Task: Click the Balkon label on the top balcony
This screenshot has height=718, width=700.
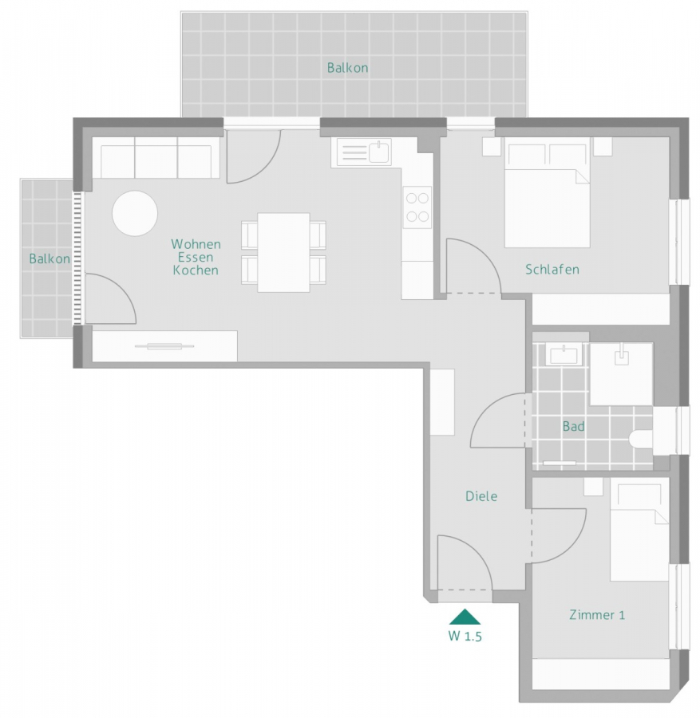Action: (347, 68)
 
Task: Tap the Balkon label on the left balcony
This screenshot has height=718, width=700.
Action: (49, 258)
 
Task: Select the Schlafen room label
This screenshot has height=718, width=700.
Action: (552, 269)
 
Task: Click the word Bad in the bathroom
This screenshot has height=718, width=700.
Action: (573, 427)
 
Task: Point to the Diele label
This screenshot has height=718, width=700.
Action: (481, 496)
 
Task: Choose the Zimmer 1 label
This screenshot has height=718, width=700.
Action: (596, 614)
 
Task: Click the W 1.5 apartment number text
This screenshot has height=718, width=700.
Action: (465, 637)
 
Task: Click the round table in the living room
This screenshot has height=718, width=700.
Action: (135, 213)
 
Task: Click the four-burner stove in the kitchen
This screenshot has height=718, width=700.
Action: (417, 206)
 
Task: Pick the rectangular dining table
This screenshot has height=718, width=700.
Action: (283, 252)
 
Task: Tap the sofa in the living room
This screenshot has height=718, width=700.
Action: (156, 158)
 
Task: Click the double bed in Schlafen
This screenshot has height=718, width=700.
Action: (547, 195)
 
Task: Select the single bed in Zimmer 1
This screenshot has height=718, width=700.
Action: (639, 531)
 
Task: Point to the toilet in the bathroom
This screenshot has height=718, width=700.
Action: (641, 439)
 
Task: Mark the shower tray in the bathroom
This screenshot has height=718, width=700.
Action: (620, 373)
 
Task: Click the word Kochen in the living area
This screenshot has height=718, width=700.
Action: (195, 270)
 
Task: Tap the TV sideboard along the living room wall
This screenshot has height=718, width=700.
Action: (164, 345)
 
